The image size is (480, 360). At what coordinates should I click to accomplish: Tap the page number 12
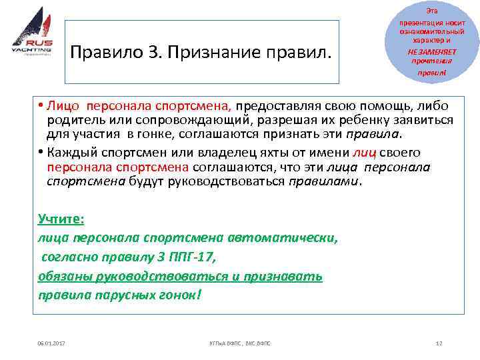point(438,342)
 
